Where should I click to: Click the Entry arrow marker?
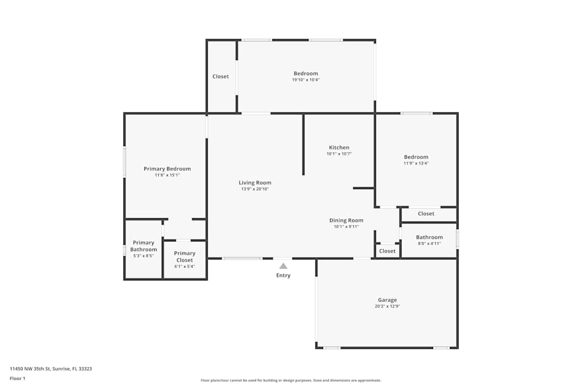283,266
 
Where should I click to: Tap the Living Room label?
255,183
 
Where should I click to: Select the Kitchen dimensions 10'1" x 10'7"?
339,154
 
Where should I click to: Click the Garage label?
387,300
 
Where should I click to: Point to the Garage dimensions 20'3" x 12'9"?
387,306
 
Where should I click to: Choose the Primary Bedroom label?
167,169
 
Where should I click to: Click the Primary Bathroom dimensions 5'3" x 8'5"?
143,255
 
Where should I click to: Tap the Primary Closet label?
184,257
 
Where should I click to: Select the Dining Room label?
346,220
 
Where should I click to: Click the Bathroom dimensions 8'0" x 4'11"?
429,243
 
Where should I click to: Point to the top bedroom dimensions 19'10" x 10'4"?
306,80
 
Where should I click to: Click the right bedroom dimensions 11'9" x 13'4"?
416,163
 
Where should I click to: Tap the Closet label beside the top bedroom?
221,76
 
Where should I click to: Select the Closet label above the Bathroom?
426,213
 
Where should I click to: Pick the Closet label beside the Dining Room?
387,251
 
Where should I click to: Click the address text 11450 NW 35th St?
51,368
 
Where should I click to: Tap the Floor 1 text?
17,378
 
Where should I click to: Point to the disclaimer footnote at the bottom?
290,380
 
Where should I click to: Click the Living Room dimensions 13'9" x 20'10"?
255,189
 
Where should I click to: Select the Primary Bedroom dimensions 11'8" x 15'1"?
167,175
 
